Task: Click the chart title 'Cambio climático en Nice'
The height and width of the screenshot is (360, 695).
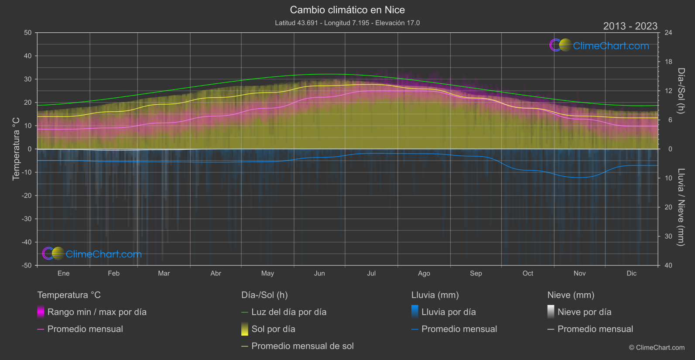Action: [347, 10]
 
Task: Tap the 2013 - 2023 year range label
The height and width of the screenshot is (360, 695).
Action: [630, 26]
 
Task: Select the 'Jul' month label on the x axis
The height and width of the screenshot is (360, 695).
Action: [371, 274]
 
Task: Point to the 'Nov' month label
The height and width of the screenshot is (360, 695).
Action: [579, 274]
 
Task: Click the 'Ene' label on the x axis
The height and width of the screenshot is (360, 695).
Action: [64, 274]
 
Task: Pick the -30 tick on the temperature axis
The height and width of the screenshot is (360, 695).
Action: [27, 219]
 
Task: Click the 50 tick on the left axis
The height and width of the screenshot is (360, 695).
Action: [28, 33]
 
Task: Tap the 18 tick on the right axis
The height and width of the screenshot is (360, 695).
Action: [668, 62]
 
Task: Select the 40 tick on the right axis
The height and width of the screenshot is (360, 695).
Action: [668, 265]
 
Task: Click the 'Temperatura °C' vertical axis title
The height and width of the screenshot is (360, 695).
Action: [16, 149]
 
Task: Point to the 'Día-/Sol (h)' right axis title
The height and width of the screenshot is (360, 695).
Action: [681, 91]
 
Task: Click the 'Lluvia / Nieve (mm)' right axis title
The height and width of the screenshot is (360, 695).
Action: [681, 207]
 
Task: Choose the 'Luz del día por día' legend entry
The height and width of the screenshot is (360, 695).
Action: [288, 312]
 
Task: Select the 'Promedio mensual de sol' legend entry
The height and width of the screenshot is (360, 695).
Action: [302, 346]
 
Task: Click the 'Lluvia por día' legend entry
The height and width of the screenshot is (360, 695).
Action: [448, 312]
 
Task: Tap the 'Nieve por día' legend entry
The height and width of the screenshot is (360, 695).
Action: [584, 312]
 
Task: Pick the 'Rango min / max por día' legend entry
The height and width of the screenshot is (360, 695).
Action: [97, 312]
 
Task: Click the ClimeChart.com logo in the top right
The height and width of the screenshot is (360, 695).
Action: [599, 45]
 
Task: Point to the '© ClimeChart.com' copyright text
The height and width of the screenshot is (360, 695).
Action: [657, 348]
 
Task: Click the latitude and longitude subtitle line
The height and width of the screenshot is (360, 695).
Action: [347, 23]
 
